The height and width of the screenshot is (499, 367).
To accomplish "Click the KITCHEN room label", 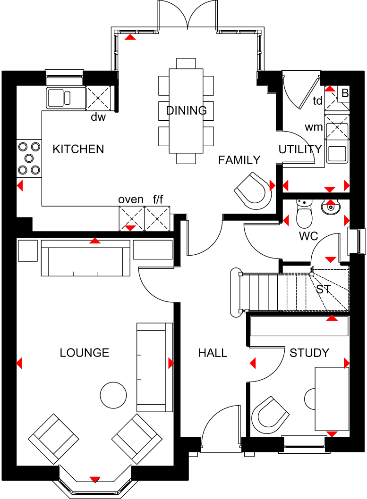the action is [78, 149].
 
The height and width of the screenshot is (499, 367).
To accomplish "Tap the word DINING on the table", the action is [187, 110].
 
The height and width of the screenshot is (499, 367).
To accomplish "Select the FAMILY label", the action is [239, 160].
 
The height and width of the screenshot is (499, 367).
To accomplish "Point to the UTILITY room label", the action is [300, 149].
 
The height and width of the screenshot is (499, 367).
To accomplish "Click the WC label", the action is [308, 236].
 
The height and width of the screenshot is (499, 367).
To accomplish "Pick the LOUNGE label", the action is [85, 353].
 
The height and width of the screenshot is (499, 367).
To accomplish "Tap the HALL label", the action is [213, 353].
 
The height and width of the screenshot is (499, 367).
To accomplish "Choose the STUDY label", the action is [309, 353].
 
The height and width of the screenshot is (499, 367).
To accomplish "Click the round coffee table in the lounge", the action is [113, 395].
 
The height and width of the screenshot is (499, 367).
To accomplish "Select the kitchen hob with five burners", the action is [29, 158].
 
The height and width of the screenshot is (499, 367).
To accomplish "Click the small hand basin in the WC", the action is [331, 208].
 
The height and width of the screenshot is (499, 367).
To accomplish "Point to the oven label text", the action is [131, 200].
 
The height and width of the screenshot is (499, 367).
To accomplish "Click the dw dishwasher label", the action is [98, 117].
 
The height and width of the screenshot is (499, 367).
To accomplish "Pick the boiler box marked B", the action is [344, 93].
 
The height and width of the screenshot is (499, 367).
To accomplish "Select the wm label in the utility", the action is [314, 127].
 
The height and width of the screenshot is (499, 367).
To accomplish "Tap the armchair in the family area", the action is [253, 191].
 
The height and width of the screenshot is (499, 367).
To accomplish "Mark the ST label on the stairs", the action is [324, 289].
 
